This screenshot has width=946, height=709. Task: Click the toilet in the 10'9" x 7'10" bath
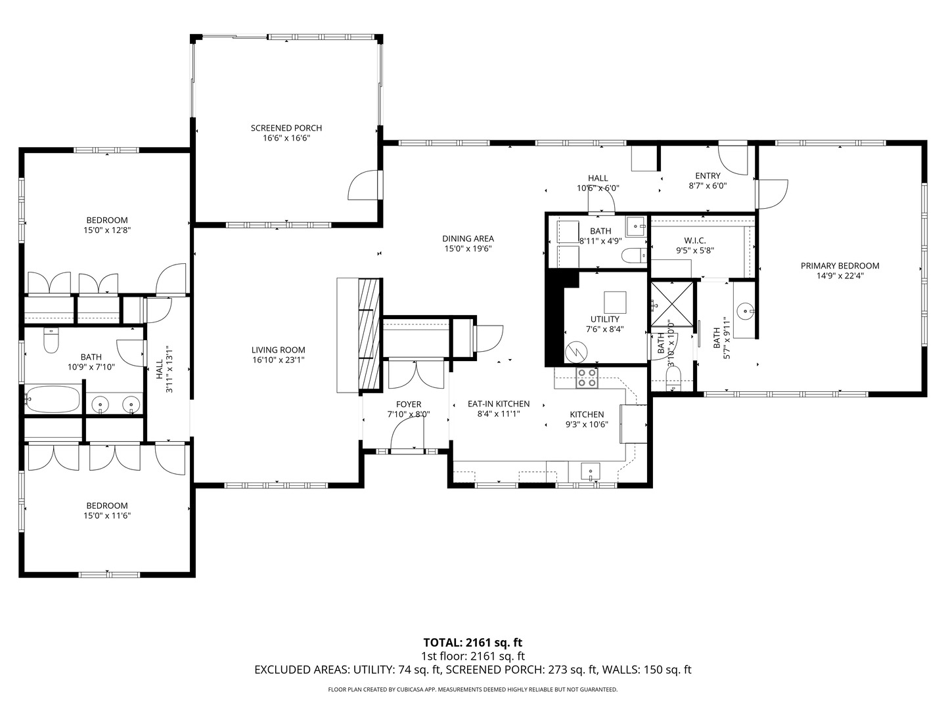coord(51,341)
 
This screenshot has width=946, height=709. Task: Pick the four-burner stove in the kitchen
coord(587,378)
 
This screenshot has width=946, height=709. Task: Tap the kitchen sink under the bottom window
coord(591,472)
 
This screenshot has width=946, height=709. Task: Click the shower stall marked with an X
coord(672,304)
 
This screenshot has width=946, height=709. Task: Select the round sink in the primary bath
coord(746,310)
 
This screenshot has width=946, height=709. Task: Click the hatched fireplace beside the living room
coord(369,335)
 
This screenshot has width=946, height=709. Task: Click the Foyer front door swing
coord(407,434)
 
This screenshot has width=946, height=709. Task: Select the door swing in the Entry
coord(733,160)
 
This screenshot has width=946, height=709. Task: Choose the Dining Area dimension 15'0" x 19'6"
coord(468,248)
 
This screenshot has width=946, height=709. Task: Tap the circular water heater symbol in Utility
coord(576,352)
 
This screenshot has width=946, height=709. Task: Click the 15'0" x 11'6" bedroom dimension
coord(107,516)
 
